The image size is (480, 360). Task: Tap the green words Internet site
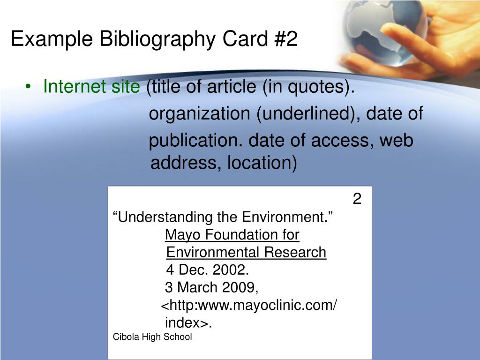tap(91, 86)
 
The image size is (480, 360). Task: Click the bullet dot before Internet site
tap(28, 87)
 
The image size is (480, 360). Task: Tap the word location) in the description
tap(262, 163)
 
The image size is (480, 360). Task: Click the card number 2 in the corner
tap(357, 199)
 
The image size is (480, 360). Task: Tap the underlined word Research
tap(295, 253)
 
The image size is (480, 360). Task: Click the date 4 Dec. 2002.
tap(208, 270)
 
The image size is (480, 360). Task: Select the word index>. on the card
tap(188, 322)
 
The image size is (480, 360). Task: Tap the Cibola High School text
tap(152, 337)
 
